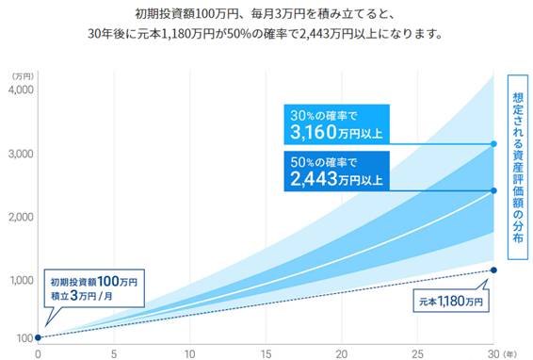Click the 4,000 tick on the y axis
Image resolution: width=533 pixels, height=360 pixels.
(20, 90)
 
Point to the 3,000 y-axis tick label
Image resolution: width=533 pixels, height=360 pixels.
(20, 154)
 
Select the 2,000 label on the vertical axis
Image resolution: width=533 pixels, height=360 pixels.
(20, 217)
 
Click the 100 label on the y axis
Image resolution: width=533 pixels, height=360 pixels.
(24, 337)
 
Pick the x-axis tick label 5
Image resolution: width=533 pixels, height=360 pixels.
(114, 353)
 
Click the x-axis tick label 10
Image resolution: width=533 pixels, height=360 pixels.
(190, 353)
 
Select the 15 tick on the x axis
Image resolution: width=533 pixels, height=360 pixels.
(266, 353)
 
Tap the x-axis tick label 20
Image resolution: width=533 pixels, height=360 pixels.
(342, 353)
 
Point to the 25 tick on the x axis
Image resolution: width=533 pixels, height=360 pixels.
(418, 353)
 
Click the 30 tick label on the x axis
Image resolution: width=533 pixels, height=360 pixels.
(492, 353)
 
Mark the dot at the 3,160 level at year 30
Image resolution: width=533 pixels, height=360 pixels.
(494, 144)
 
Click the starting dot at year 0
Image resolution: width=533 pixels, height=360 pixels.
(38, 337)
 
